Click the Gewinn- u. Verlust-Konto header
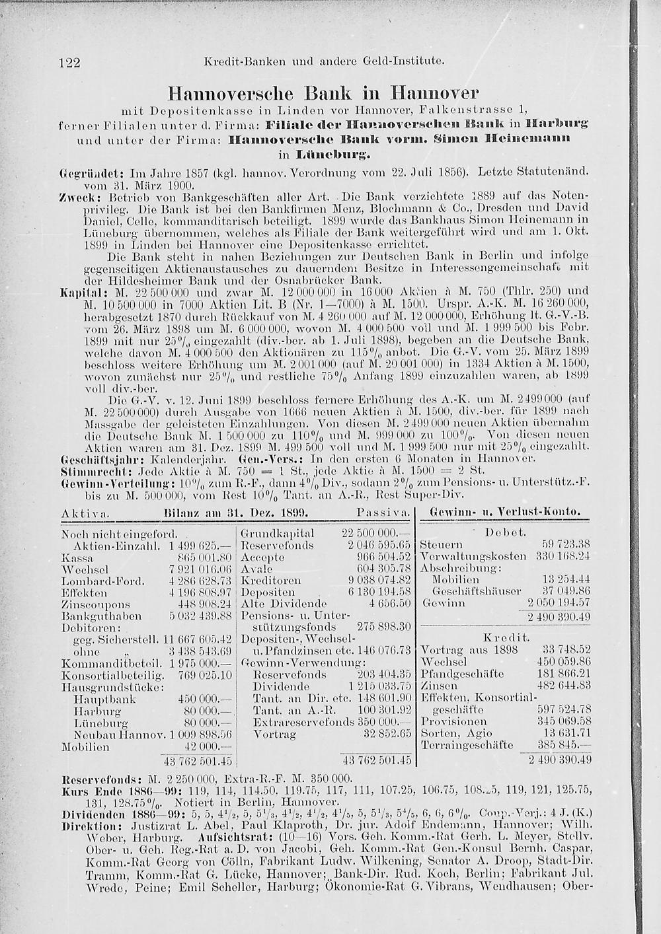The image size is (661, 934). tap(505, 512)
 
